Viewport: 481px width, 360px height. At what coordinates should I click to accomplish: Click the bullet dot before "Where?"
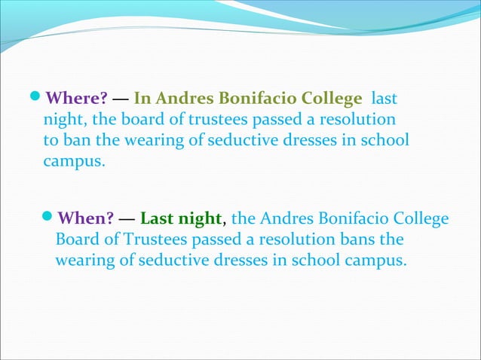(39, 98)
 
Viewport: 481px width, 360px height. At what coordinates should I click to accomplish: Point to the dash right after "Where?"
(121, 99)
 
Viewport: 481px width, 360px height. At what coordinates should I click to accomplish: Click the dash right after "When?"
(127, 220)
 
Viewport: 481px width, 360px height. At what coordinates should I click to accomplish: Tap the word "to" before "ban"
(51, 140)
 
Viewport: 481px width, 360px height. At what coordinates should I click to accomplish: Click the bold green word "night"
(200, 220)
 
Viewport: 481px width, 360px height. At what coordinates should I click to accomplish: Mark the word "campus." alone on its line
(74, 161)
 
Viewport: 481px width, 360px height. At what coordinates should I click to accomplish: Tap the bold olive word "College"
(329, 99)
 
